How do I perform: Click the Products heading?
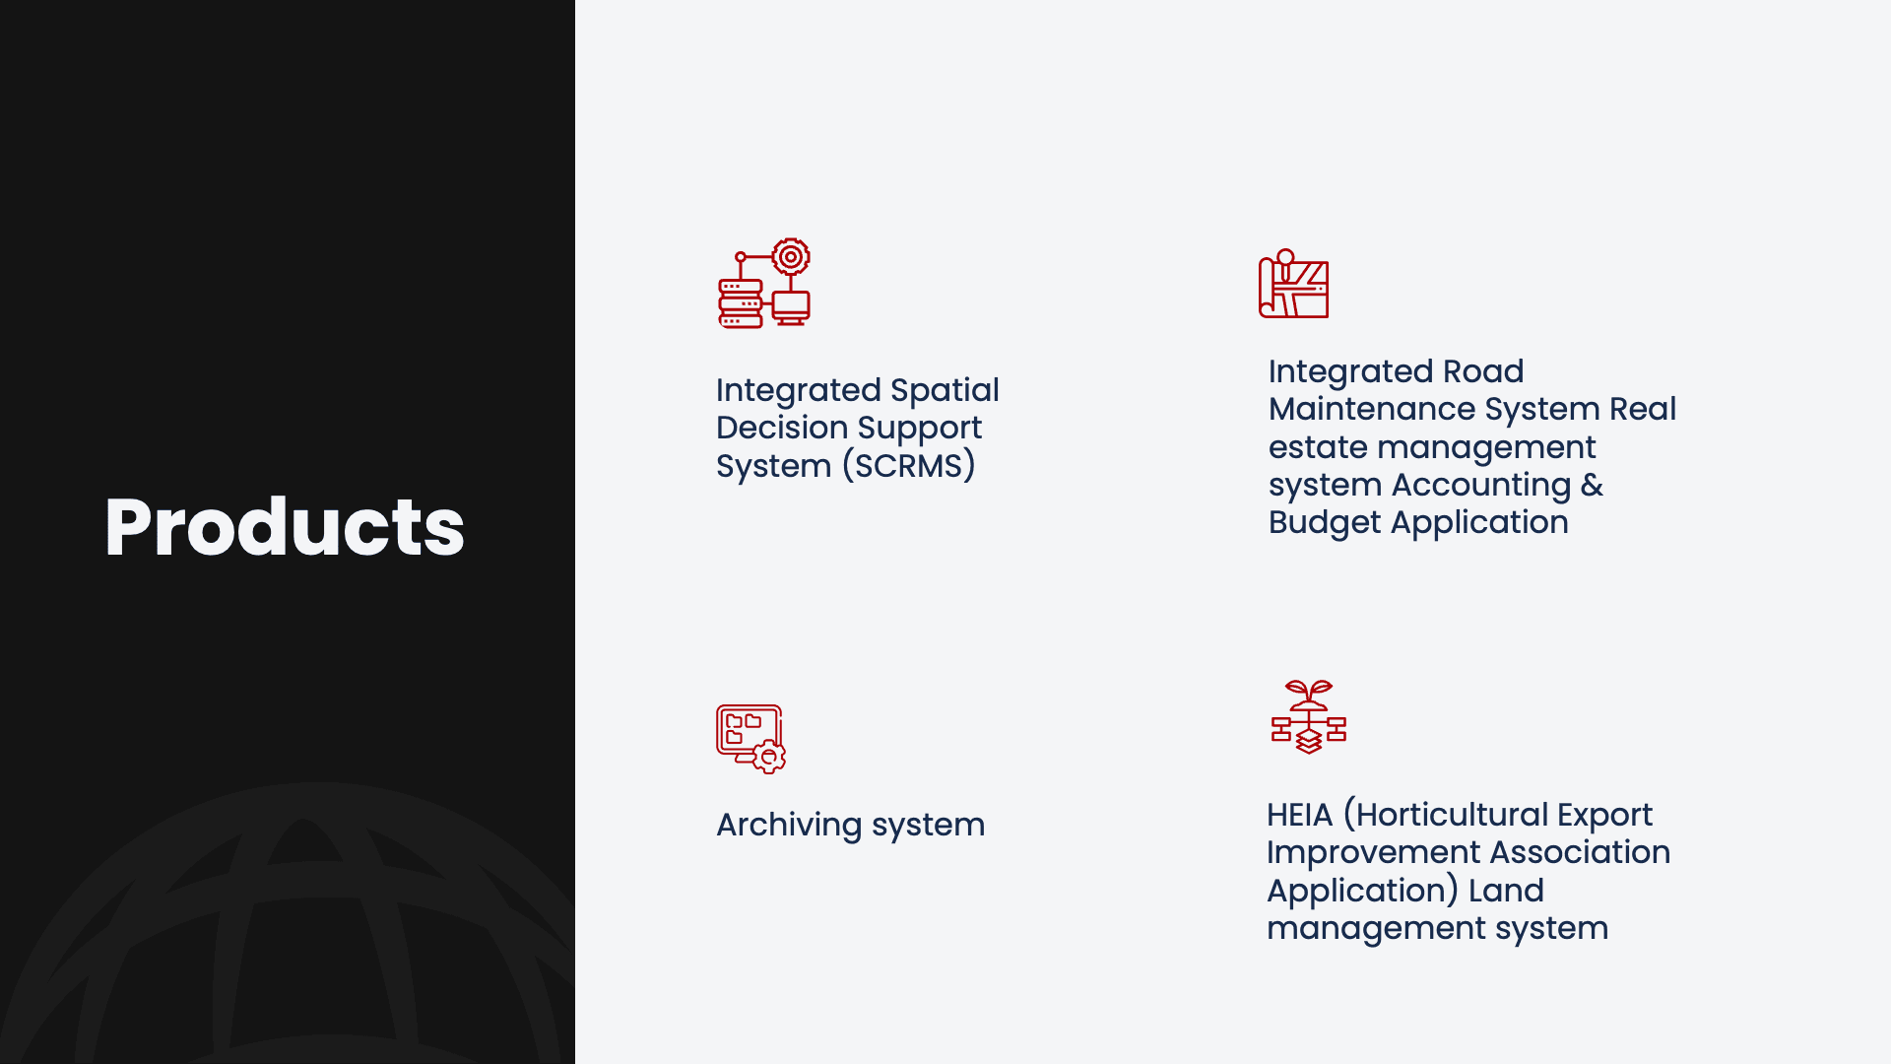[x=285, y=527]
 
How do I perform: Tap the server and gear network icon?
[x=764, y=283]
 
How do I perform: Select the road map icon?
[x=1293, y=284]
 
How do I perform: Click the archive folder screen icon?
[x=750, y=739]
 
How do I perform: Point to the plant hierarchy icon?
[x=1308, y=717]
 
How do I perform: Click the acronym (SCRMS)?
[x=908, y=466]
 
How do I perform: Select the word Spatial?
[x=945, y=391]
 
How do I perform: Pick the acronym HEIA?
[x=1299, y=815]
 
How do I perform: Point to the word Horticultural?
[x=1452, y=815]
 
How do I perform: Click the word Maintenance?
[x=1372, y=409]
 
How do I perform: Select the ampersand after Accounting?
[x=1592, y=485]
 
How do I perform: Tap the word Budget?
[x=1325, y=523]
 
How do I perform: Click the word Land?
[x=1506, y=891]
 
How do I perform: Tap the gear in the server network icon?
[x=790, y=257]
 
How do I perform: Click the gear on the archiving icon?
[x=769, y=758]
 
